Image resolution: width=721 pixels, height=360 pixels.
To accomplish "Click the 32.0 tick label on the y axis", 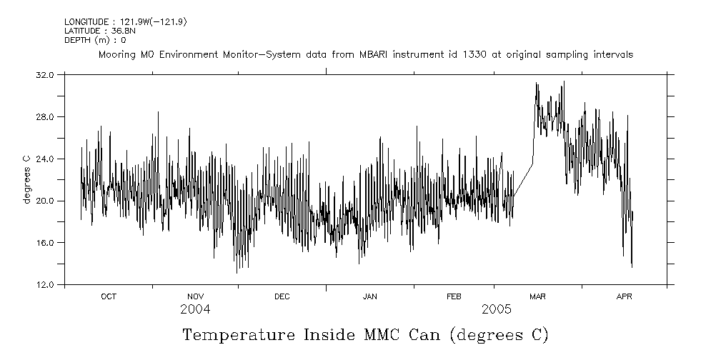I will pos(44,74).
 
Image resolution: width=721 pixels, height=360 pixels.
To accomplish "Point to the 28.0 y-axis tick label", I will pos(44,116).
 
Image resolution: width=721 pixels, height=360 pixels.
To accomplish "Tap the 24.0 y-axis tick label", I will pos(44,159).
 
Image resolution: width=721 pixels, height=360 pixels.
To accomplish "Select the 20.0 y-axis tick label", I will pos(44,201).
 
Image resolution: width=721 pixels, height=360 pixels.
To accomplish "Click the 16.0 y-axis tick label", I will pos(44,243).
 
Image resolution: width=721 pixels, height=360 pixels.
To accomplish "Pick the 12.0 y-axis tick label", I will pos(44,285).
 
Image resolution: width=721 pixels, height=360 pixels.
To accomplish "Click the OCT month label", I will pos(109,296).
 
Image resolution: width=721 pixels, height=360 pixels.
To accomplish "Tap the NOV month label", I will pos(195,296).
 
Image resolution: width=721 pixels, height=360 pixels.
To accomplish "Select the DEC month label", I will pos(282,296).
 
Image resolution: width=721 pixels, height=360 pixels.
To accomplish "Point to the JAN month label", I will pos(369,296).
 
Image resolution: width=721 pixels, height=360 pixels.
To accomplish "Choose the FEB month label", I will pos(454,296).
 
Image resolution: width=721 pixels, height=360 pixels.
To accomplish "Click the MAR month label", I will pos(537,296).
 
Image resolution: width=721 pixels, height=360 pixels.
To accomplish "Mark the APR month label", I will pos(624,296).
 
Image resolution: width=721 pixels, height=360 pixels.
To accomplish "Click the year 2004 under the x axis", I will pos(195,309).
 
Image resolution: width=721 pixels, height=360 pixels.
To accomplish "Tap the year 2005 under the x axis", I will pos(496,309).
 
